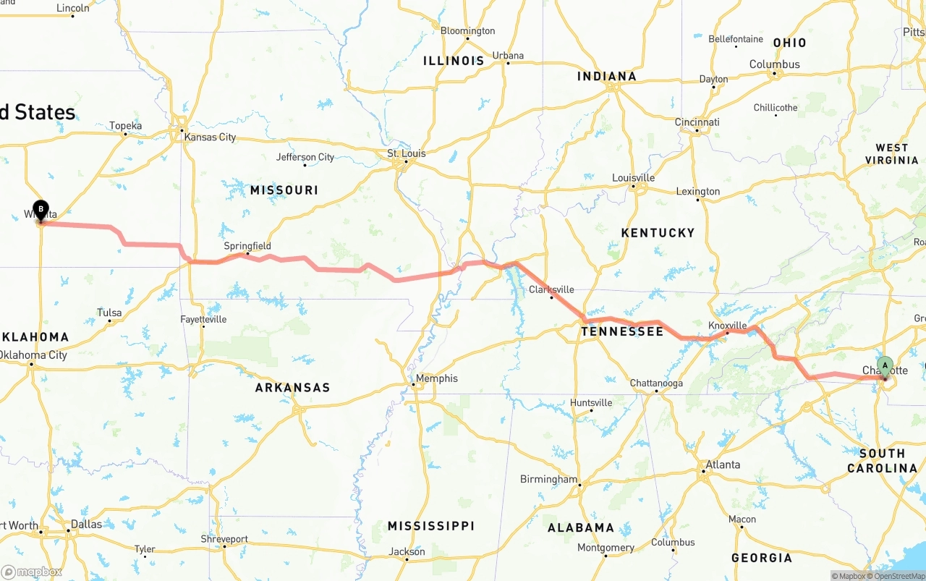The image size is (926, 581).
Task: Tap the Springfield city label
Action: (247, 246)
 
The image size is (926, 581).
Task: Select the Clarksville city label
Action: (551, 289)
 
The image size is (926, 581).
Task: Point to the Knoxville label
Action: (727, 325)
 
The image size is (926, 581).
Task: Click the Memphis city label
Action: (436, 378)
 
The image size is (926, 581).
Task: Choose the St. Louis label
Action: (407, 153)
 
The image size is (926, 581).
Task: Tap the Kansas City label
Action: (210, 137)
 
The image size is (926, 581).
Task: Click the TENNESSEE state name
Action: (622, 331)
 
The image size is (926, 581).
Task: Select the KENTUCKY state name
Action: (658, 233)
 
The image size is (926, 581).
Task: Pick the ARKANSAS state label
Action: (292, 388)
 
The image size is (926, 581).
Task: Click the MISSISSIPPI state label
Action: (430, 526)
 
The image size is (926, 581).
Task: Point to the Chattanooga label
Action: (656, 383)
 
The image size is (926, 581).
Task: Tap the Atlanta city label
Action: (723, 465)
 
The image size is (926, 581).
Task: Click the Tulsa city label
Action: (109, 313)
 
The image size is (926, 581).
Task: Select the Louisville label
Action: (633, 178)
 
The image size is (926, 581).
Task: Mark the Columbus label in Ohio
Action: (774, 64)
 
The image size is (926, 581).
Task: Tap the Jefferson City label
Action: (305, 157)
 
